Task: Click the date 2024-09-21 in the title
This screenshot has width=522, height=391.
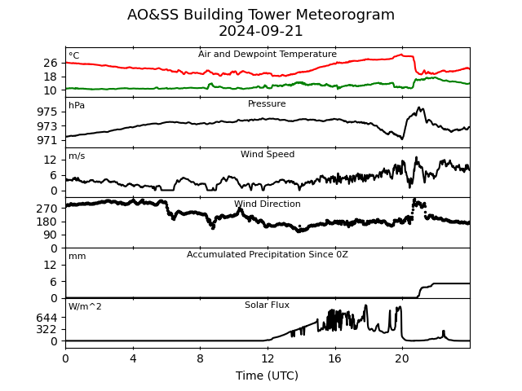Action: [x=261, y=31]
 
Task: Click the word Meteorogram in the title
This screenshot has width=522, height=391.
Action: [x=345, y=15]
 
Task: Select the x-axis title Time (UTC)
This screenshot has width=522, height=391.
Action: [x=267, y=376]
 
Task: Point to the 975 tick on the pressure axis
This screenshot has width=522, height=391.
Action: [x=47, y=112]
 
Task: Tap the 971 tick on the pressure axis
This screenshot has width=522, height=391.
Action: [x=47, y=140]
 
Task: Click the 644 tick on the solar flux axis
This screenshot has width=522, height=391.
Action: [x=47, y=318]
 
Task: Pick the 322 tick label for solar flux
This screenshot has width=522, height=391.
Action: [x=47, y=329]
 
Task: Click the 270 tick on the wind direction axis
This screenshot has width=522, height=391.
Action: [x=47, y=209]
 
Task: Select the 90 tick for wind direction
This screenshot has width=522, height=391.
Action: [x=51, y=235]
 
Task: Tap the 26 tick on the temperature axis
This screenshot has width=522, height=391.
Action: [x=51, y=63]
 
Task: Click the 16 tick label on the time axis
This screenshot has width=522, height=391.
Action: [x=334, y=358]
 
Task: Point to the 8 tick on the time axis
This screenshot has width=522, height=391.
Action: [x=200, y=358]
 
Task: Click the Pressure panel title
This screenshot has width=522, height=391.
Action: [x=267, y=103]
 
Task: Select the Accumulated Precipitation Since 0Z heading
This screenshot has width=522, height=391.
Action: [x=267, y=254]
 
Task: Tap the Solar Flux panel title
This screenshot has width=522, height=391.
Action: [x=267, y=305]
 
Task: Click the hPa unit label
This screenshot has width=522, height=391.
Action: [x=77, y=105]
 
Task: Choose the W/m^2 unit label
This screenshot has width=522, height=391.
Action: [x=85, y=306]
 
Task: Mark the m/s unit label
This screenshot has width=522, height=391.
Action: [x=77, y=156]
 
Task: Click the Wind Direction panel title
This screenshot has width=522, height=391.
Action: [x=267, y=204]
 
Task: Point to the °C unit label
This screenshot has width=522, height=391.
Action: [x=74, y=55]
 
